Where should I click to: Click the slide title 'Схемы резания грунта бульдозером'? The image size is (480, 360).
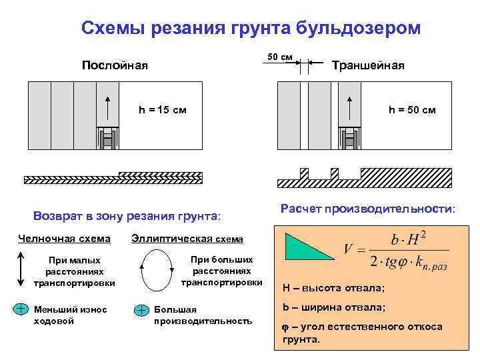coord(251,28)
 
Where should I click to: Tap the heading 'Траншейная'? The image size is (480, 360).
coord(368,65)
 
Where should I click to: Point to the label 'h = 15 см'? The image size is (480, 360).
coord(162,110)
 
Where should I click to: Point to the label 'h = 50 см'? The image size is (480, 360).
coord(412,110)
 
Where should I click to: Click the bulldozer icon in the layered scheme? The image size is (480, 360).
coord(107,138)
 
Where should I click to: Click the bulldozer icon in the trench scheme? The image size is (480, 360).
coord(349,138)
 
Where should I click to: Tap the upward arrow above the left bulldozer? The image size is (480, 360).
coord(107,107)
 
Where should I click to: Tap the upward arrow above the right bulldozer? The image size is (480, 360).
coord(349,107)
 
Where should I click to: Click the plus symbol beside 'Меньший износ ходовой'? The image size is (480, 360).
coord(21,309)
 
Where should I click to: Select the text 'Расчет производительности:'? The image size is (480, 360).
coord(368,209)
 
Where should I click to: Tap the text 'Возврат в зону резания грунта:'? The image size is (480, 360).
coord(126,216)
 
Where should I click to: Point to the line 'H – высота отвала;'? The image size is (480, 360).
coord(333,288)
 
